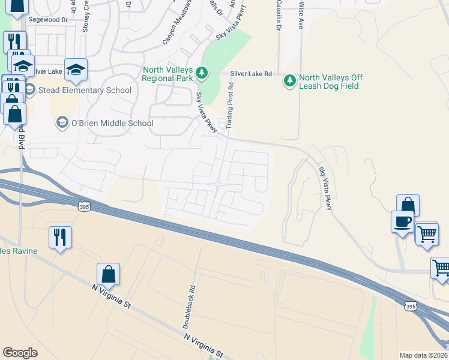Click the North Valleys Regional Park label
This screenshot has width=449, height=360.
(167, 74)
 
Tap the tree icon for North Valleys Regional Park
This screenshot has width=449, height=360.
(203, 74)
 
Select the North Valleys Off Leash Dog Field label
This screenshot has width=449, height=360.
(330, 82)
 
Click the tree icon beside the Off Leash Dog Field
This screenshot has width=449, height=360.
(290, 80)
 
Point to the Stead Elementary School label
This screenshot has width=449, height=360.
(85, 91)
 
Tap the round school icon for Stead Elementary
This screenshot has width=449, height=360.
(29, 91)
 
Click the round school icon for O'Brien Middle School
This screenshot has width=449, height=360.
(62, 123)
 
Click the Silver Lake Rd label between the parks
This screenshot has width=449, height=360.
(251, 74)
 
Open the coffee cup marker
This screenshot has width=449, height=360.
(402, 221)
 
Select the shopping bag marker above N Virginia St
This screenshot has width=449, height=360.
(108, 275)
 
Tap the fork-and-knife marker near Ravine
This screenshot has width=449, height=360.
(60, 236)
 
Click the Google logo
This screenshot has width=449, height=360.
(20, 353)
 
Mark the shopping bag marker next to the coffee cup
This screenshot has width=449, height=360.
(408, 206)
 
